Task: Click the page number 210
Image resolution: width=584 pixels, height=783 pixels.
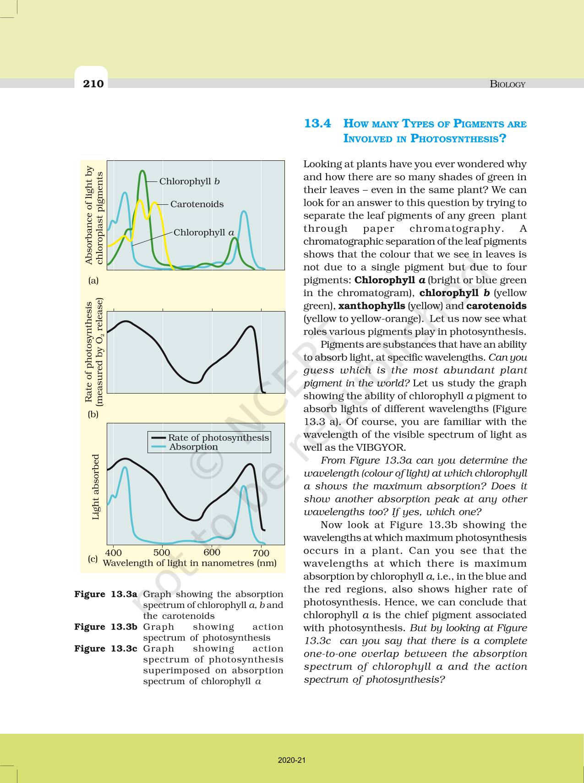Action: [93, 83]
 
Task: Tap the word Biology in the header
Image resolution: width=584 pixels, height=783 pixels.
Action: [508, 84]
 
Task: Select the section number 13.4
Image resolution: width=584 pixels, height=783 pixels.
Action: [317, 124]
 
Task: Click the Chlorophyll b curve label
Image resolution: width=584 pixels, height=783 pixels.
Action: [189, 181]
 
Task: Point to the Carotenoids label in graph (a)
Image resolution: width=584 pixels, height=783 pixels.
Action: [197, 204]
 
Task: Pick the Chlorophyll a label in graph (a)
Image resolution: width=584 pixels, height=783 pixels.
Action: [203, 233]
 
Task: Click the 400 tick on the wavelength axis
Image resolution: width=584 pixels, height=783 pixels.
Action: [114, 553]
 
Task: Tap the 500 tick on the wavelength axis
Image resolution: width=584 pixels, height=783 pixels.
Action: [162, 553]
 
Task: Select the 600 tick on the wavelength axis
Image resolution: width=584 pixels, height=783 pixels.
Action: [212, 553]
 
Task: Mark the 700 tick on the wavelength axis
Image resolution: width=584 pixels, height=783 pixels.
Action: [261, 553]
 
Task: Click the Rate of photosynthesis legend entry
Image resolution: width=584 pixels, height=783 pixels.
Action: [218, 438]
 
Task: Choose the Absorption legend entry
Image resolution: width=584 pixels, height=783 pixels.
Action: [193, 447]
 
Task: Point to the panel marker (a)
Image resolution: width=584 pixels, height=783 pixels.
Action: [93, 280]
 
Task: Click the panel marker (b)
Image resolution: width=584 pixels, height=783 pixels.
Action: [93, 414]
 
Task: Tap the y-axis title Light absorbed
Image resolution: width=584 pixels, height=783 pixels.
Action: [96, 487]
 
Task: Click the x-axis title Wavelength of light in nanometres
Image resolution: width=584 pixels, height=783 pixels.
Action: [190, 563]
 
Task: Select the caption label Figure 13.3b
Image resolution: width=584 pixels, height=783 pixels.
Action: [106, 627]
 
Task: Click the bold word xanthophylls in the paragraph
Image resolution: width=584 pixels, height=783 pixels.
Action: [371, 306]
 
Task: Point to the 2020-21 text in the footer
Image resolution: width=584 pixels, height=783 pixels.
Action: [292, 760]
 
